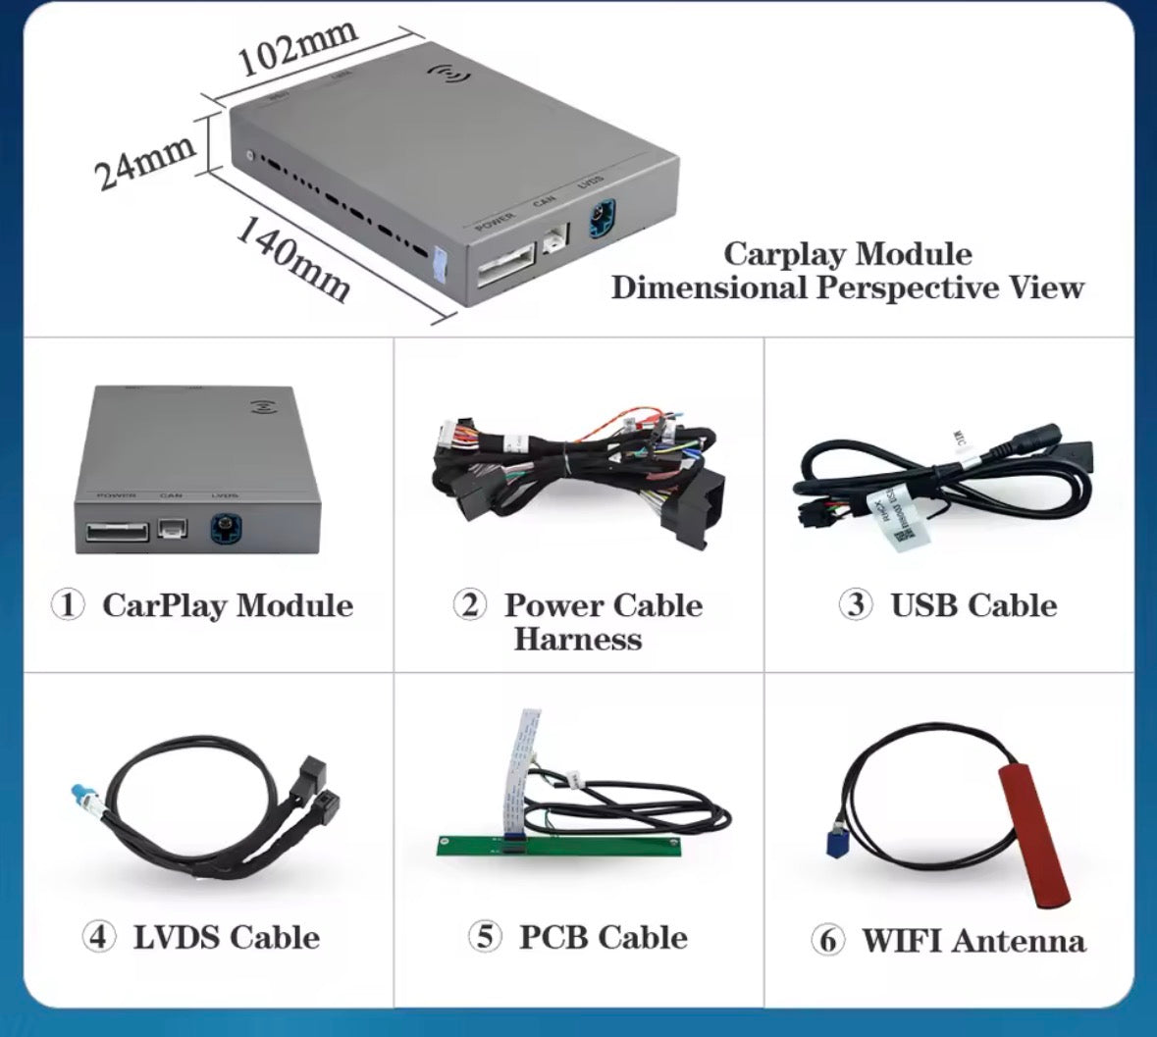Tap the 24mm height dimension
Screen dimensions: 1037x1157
[x=144, y=161]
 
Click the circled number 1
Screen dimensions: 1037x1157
[x=69, y=604]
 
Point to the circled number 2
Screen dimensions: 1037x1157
[x=470, y=604]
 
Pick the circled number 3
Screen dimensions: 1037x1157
[x=856, y=604]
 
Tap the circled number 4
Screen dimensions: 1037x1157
[x=98, y=937]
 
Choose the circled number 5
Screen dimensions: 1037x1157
[x=485, y=937]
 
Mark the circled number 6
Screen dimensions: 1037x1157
[x=827, y=941]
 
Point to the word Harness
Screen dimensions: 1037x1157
[x=577, y=640]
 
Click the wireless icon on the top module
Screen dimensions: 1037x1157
[x=448, y=75]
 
